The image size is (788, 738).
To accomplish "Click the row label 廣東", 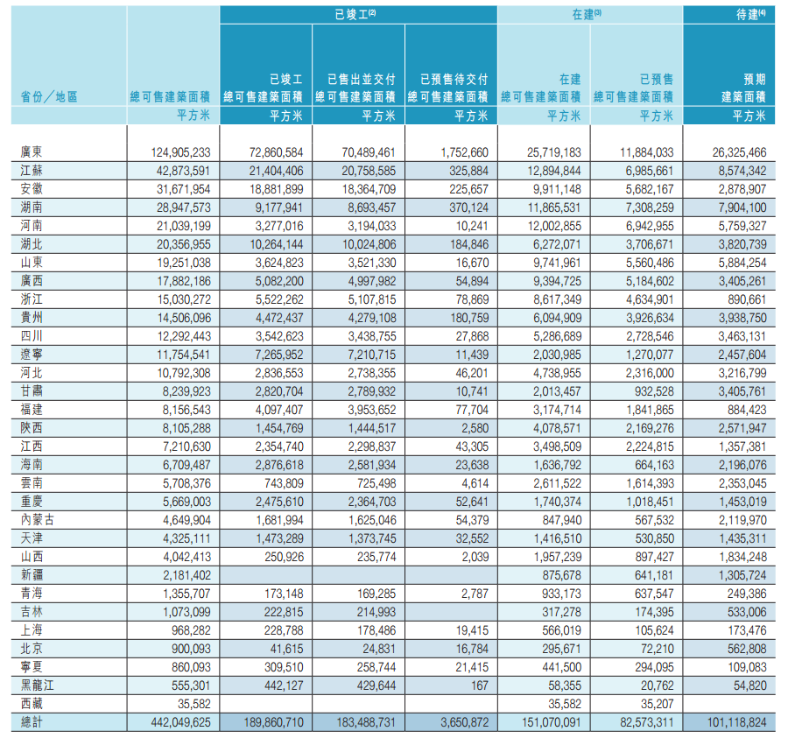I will coord(32,152).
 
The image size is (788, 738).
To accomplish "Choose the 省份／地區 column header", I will coord(49,96).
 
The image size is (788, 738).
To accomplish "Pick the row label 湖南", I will coord(32,207).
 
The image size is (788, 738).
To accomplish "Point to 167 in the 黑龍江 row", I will coord(478,684).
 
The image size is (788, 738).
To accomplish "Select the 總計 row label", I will coord(32,721).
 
